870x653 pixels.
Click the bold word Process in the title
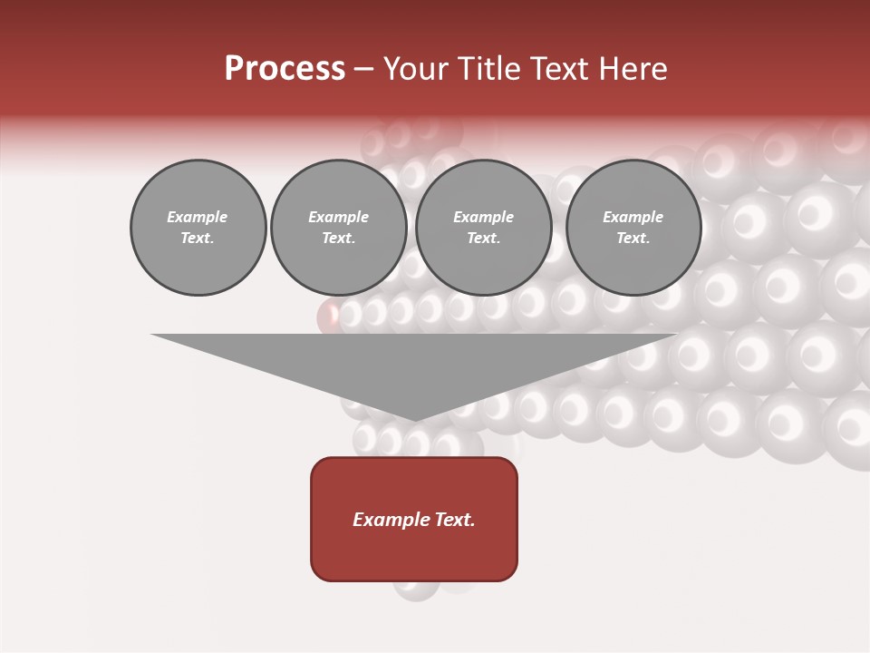click(x=285, y=68)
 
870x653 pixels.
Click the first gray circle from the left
click(x=198, y=228)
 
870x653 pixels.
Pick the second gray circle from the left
click(x=339, y=228)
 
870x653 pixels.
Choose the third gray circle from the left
click(x=484, y=228)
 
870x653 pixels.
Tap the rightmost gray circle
click(x=633, y=228)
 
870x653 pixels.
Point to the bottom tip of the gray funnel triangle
click(x=414, y=419)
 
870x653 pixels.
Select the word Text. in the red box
click(x=457, y=520)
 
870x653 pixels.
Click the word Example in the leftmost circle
click(x=198, y=217)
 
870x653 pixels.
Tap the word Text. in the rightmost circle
click(x=633, y=239)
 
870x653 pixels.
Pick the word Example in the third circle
click(x=483, y=217)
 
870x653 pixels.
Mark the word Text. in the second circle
click(x=339, y=239)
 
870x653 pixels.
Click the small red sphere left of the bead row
click(x=328, y=317)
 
